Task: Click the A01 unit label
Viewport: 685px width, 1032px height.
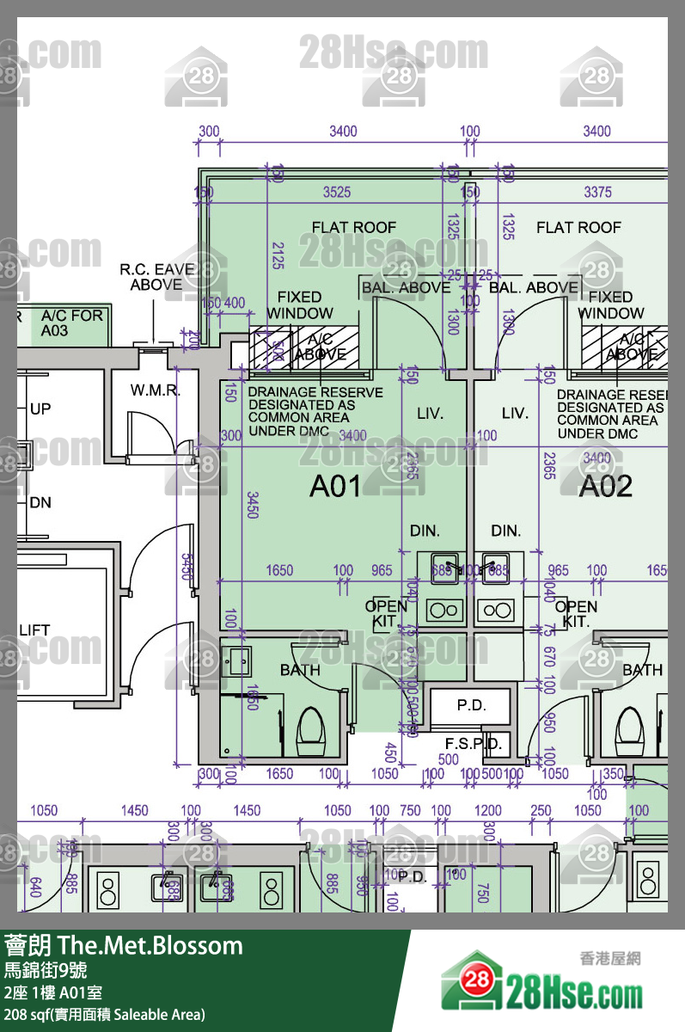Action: tap(335, 487)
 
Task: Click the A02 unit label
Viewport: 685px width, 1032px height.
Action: tap(605, 487)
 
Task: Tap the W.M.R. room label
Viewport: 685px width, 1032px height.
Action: tap(156, 390)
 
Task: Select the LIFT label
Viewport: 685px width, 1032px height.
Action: tap(34, 630)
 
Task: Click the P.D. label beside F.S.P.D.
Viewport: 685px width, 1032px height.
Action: tap(471, 705)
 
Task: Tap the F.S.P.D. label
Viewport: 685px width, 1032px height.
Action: tap(473, 744)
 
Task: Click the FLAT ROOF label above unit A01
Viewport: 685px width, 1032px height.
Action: tap(353, 227)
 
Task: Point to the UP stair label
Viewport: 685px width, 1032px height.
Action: tap(40, 409)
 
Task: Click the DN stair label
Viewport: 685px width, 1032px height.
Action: tap(40, 502)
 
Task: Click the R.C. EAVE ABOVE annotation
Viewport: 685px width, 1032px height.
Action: tap(156, 277)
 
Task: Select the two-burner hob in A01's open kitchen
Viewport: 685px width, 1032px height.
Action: tap(443, 611)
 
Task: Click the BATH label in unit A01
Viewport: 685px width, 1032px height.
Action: tap(300, 670)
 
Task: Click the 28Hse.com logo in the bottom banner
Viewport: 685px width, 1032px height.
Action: tap(541, 993)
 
